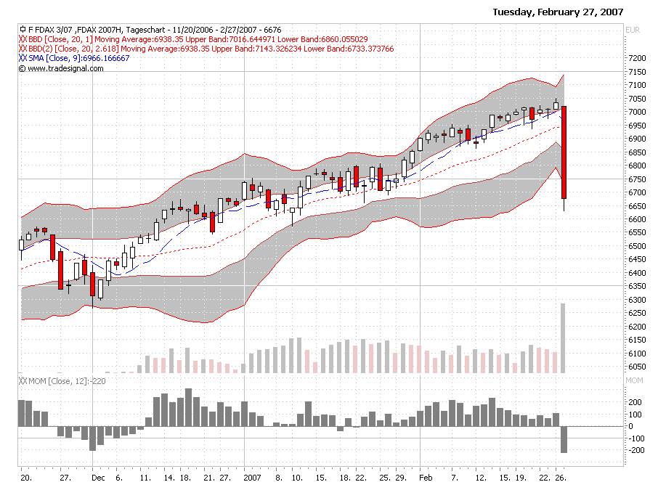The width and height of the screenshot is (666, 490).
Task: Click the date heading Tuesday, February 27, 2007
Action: (x=558, y=12)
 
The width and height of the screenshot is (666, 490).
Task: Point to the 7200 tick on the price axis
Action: (x=636, y=58)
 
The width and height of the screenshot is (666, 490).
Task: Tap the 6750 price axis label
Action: (x=636, y=179)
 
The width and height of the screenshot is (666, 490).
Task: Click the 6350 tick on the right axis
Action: (x=636, y=286)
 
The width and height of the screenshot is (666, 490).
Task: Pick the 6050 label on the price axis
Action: (x=636, y=367)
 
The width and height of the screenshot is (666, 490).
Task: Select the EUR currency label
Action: (x=633, y=30)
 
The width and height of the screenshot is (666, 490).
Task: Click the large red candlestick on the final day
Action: (x=564, y=152)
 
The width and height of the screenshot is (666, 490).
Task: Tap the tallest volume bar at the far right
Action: (x=563, y=338)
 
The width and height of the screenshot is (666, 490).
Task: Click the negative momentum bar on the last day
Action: (x=564, y=440)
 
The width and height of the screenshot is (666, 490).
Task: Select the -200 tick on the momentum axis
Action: (x=634, y=451)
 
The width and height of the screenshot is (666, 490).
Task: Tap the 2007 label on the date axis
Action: (x=252, y=478)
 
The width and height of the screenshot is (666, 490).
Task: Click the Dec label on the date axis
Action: (x=99, y=478)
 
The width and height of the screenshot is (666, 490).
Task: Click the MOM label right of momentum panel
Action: (x=634, y=380)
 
